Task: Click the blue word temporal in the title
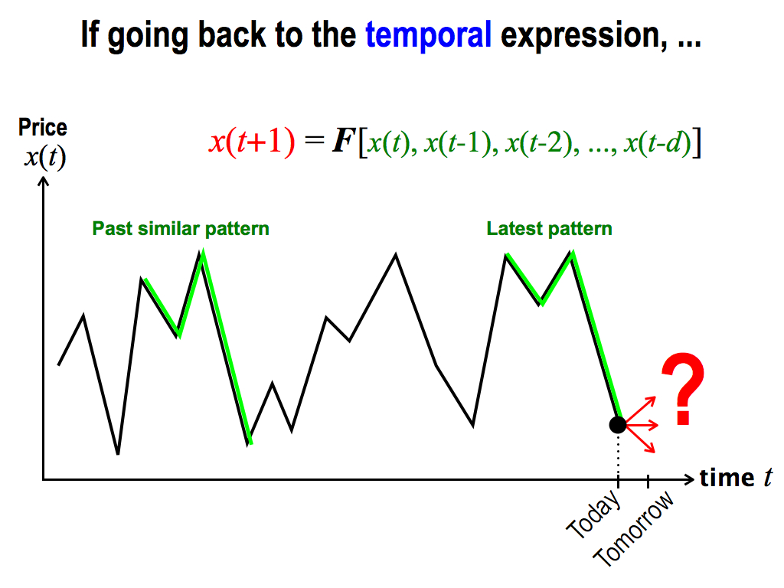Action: pyautogui.click(x=429, y=35)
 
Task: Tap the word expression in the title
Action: pyautogui.click(x=583, y=36)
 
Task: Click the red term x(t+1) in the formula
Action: pyautogui.click(x=252, y=142)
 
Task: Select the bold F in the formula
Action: pyautogui.click(x=344, y=141)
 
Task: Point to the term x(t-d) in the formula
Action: pyautogui.click(x=658, y=142)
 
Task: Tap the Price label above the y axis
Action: pyautogui.click(x=43, y=127)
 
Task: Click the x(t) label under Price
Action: pyautogui.click(x=45, y=158)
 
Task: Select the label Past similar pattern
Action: pyautogui.click(x=181, y=229)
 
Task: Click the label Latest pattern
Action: pyautogui.click(x=549, y=229)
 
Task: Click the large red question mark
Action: pyautogui.click(x=683, y=388)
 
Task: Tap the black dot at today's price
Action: pyautogui.click(x=618, y=425)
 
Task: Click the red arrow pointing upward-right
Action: pyautogui.click(x=640, y=410)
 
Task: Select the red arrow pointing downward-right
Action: pyautogui.click(x=640, y=439)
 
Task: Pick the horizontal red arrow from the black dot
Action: pyautogui.click(x=642, y=425)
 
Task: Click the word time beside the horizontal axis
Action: pyautogui.click(x=727, y=478)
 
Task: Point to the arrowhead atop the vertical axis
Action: pyautogui.click(x=44, y=181)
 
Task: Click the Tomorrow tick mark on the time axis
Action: pyautogui.click(x=648, y=482)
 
